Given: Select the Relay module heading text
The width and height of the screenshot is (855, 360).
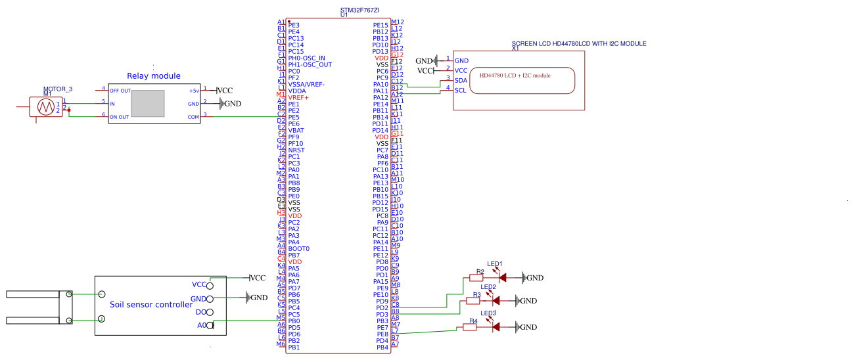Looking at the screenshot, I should (x=153, y=76).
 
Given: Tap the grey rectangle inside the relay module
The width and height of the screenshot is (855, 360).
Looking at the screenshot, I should (x=147, y=103).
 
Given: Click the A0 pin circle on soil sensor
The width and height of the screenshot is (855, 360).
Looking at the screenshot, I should (x=210, y=325).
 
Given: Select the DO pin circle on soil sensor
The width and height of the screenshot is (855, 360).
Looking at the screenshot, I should (x=210, y=312).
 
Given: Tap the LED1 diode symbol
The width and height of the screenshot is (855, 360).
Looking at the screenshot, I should (x=502, y=278).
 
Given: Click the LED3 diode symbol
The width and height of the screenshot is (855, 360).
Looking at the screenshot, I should (x=497, y=327).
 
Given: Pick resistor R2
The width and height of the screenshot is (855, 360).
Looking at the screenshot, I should (x=476, y=278).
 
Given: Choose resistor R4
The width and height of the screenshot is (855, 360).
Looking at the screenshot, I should (x=470, y=327).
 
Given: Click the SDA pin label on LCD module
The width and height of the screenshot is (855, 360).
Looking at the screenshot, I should (x=461, y=80).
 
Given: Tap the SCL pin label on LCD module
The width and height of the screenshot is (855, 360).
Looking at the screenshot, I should (x=461, y=90).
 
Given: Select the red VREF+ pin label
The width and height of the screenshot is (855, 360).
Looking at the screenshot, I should (x=298, y=97).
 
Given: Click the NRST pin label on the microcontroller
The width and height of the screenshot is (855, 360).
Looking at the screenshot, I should (x=296, y=150).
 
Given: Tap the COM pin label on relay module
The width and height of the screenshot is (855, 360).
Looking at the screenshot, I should (x=193, y=117).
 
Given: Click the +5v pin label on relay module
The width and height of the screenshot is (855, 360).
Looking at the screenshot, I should (x=193, y=91).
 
